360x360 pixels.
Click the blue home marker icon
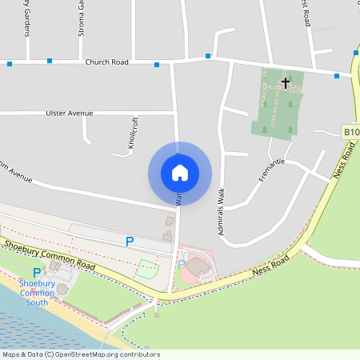coord(179,173)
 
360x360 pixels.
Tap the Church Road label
coord(106,61)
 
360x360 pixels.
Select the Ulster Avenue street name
coord(69,113)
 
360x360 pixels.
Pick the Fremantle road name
coord(272,170)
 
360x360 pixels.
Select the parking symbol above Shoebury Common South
coord(37,272)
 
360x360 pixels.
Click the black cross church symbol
coord(286,82)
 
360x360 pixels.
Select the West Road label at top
coord(306,13)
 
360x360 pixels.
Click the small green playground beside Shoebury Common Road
coord(146,269)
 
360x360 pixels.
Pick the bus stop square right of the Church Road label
coord(156,64)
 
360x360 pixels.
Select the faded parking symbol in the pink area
coord(181,265)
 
